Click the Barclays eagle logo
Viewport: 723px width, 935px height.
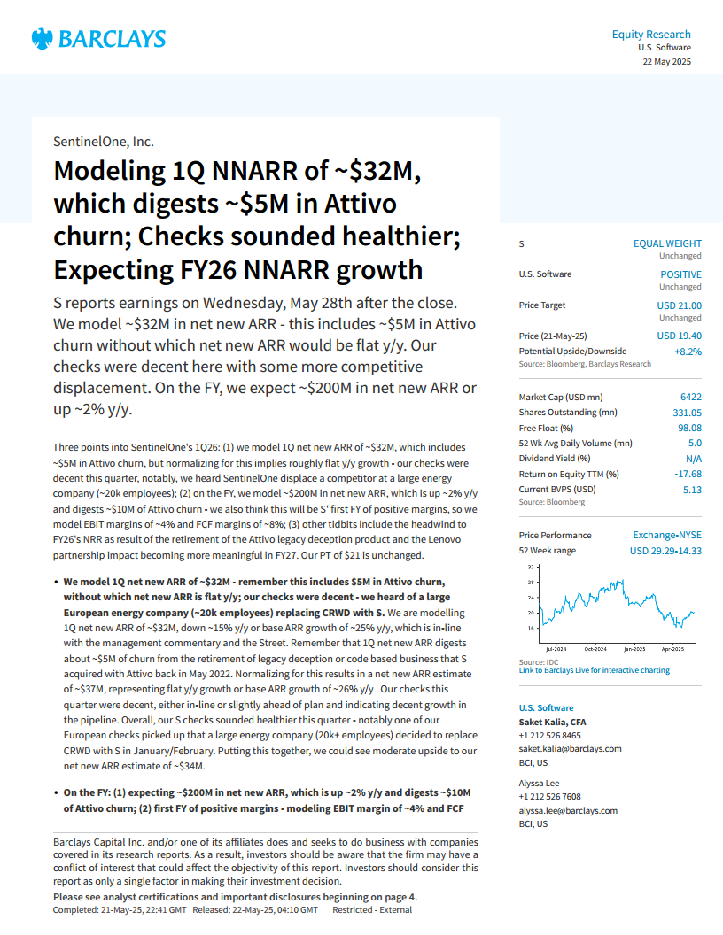41,38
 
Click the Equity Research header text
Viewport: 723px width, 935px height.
651,35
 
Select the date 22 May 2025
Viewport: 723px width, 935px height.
666,62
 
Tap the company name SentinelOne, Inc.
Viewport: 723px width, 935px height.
103,141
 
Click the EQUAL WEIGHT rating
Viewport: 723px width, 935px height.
667,243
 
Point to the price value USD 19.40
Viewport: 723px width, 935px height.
679,336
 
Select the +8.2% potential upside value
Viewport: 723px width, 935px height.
688,351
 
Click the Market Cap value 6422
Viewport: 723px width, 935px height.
689,397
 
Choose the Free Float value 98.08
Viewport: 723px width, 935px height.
688,428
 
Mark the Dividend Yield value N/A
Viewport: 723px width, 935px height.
693,459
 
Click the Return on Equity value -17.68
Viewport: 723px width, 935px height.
686,474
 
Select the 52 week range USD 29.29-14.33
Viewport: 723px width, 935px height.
665,551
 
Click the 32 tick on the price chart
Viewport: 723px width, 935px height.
531,567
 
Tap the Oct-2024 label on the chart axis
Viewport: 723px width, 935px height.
595,649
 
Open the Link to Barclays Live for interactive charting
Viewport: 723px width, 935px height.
594,670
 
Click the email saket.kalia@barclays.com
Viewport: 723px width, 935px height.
570,748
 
